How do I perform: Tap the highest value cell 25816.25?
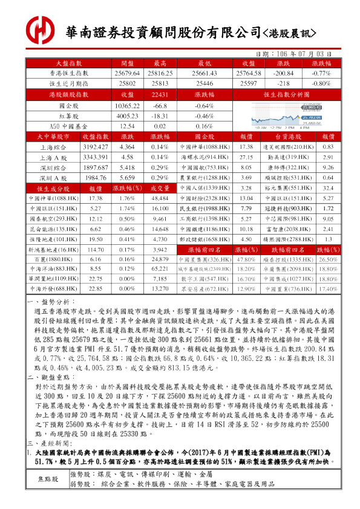pyautogui.click(x=160, y=73)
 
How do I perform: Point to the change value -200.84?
pyautogui.click(x=283, y=73)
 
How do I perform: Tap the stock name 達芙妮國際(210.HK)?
pyautogui.click(x=284, y=147)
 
